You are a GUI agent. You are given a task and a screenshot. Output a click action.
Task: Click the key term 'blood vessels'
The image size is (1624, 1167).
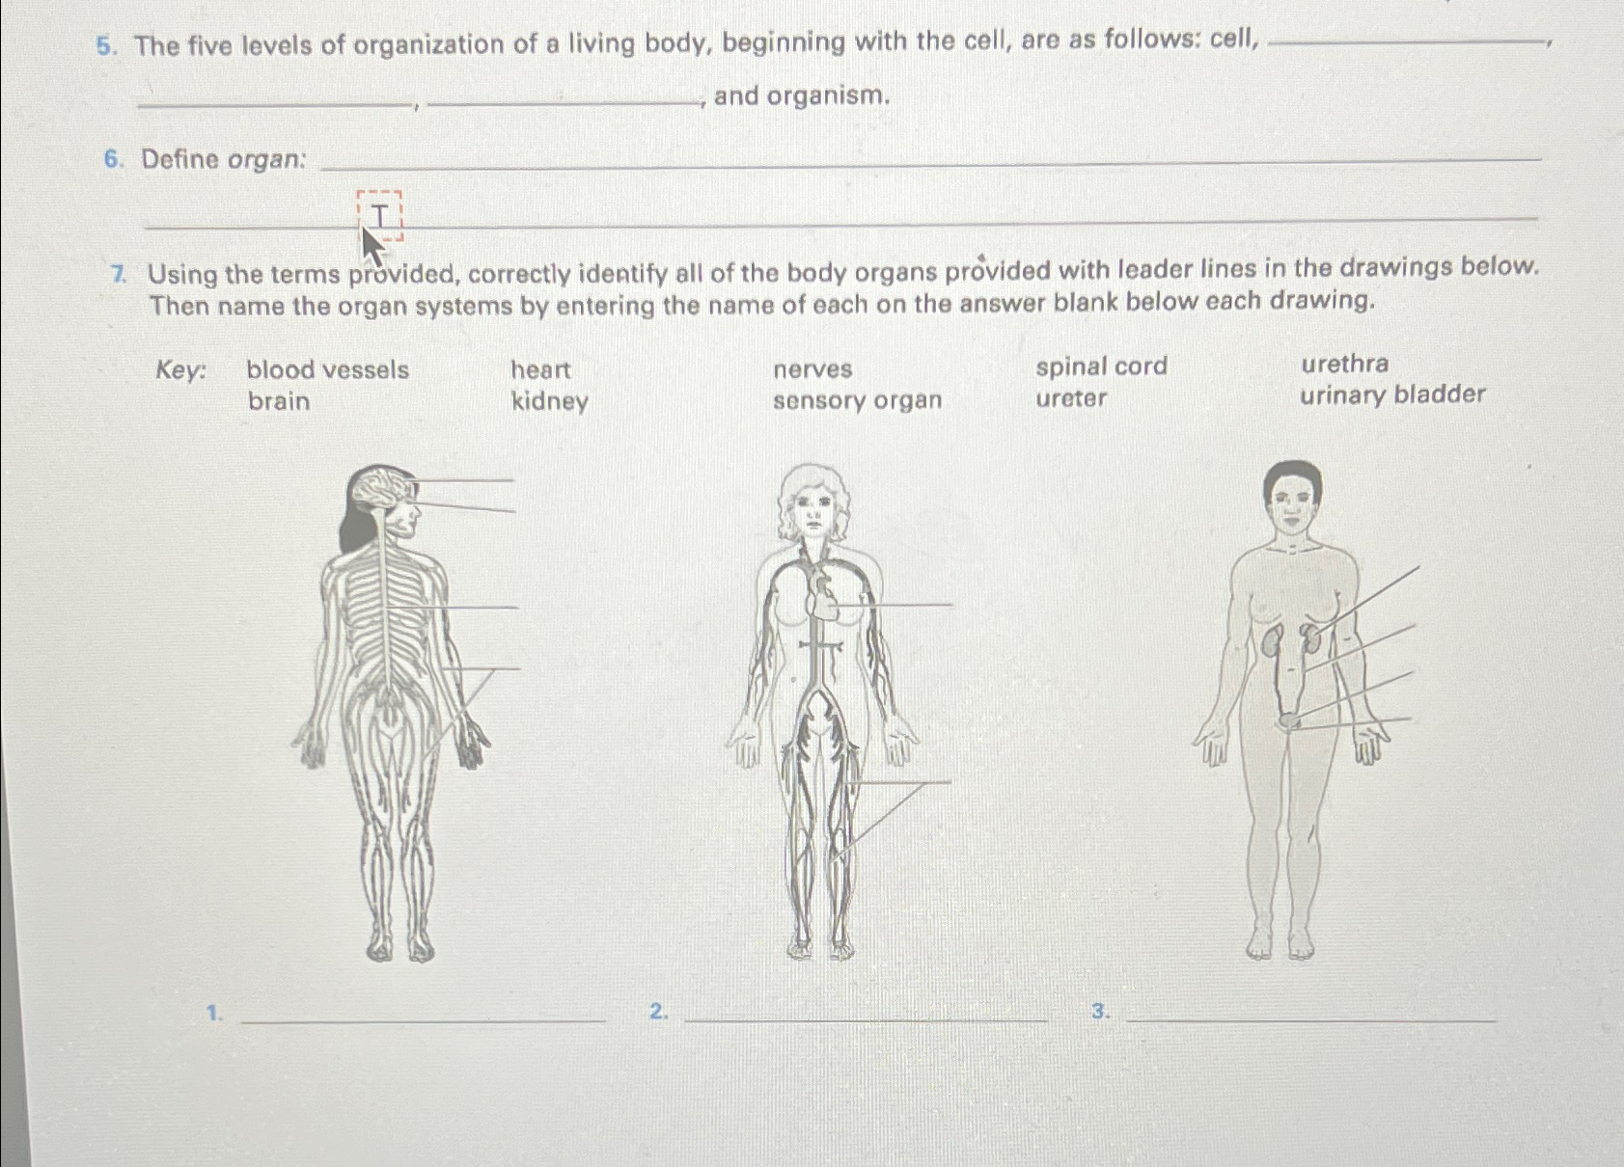click(327, 369)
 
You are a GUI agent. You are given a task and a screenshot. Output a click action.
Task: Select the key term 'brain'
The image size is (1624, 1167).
click(279, 401)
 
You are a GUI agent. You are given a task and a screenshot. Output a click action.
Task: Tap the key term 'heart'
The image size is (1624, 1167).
click(540, 369)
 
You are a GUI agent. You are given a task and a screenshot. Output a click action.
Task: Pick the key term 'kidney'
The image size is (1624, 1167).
click(549, 401)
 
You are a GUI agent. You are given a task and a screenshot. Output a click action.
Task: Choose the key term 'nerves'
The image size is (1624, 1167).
click(812, 368)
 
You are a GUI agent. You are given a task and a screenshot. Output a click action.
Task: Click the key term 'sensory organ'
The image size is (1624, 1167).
click(857, 400)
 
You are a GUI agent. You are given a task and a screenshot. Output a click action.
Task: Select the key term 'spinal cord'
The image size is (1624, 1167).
click(1101, 366)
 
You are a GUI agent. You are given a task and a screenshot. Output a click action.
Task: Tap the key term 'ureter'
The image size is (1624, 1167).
click(1071, 398)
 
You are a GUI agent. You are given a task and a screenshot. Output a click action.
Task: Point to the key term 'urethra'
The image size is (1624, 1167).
click(1344, 364)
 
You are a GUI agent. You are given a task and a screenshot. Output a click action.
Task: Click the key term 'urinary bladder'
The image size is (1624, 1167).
click(1391, 394)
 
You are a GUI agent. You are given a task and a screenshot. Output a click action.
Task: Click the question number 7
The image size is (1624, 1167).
click(119, 274)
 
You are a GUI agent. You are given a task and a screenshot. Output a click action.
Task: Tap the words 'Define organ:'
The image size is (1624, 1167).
click(223, 159)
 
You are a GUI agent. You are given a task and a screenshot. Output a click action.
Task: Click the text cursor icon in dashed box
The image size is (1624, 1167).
click(380, 215)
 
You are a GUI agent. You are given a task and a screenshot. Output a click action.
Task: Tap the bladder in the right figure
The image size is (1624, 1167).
click(1289, 720)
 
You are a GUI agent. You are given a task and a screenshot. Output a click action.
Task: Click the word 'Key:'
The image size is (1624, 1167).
click(180, 370)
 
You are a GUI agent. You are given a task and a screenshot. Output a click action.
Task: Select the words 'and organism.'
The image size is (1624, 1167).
click(801, 95)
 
